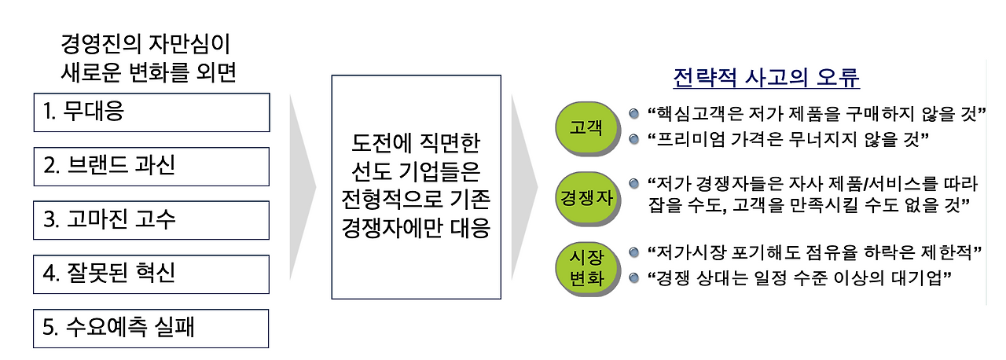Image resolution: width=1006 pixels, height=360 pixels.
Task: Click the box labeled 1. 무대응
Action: [x=152, y=113]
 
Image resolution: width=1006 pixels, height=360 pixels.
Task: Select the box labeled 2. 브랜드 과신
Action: [x=152, y=167]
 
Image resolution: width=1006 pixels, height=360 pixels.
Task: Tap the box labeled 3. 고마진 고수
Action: [x=152, y=220]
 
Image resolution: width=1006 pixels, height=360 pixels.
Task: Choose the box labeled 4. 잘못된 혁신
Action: [x=152, y=274]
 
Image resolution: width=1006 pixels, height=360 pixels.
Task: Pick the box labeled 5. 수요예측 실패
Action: [x=152, y=328]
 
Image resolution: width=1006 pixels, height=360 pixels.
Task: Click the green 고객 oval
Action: [x=584, y=126]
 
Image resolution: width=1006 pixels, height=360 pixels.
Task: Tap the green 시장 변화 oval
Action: [x=584, y=266]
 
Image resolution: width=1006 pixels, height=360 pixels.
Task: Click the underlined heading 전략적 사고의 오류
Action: [x=766, y=79]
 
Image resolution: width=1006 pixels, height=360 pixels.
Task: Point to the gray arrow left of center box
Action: [x=303, y=187]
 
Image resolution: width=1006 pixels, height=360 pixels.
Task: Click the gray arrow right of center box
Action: [x=523, y=187]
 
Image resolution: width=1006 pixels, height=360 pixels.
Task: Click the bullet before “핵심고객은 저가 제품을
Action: [x=634, y=115]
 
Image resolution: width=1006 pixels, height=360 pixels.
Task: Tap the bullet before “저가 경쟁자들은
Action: [x=634, y=184]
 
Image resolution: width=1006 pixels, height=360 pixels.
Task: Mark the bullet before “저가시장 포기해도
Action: [x=634, y=253]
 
